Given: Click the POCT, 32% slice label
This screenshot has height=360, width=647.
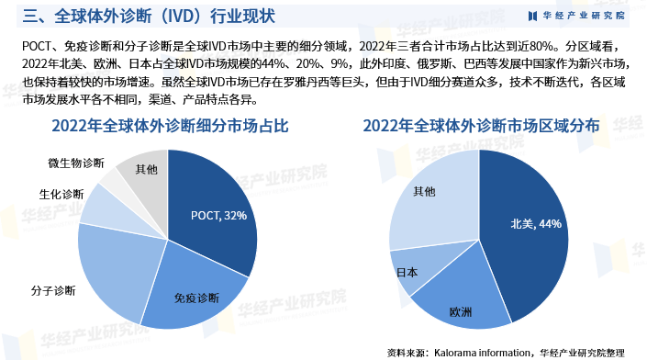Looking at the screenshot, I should (218, 216).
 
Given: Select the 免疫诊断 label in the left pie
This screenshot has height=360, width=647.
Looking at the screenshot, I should (196, 298).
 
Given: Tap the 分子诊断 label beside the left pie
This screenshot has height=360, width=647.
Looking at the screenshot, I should (52, 291).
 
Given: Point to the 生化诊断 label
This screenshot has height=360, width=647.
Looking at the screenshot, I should (61, 195).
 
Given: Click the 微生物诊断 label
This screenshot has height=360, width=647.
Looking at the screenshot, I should (76, 163).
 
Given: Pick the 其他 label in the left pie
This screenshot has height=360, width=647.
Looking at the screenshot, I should (146, 170).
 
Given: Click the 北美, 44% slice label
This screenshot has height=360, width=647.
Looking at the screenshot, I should (536, 223).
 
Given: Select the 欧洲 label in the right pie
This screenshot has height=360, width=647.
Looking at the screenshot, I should (461, 312).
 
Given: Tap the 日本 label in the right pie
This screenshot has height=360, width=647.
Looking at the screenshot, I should (406, 272).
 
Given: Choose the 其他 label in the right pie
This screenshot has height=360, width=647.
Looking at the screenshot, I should (424, 191).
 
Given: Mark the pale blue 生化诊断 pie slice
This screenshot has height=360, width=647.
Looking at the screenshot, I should (105, 207).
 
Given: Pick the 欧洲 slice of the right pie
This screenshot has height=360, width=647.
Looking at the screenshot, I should (459, 294).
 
